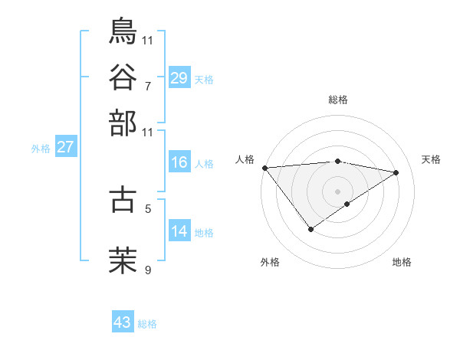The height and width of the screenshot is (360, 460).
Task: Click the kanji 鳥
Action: pos(123,31)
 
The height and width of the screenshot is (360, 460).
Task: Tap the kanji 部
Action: pos(123,123)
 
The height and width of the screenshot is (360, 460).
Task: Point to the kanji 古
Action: pos(123,198)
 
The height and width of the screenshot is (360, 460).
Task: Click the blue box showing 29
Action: pos(179,78)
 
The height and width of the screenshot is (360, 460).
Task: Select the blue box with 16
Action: pos(179,163)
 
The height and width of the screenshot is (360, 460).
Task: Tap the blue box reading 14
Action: pos(179,232)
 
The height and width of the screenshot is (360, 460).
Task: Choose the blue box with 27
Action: pos(64,147)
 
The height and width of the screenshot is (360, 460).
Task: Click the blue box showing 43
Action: pos(122,322)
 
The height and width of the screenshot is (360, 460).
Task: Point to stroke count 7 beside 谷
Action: pos(148,85)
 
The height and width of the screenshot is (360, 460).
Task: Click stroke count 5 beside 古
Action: pos(148,208)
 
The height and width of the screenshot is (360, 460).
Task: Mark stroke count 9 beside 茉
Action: pos(148,270)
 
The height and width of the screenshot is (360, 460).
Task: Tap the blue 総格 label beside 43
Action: pos(147,324)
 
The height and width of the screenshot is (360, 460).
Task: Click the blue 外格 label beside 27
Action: pos(40,149)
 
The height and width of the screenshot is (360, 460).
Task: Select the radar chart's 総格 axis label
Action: pos(337,100)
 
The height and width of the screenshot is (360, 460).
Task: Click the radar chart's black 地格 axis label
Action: pos(402,263)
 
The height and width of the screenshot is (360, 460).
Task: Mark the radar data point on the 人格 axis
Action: pos(264,168)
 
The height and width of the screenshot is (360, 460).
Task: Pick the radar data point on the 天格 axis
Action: pos(396,172)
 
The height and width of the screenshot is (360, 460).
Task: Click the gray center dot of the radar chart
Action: pos(337,191)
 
